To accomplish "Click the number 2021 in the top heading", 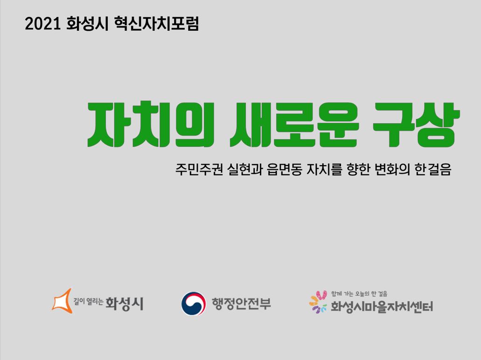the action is [42, 24].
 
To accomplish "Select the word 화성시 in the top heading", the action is [87, 24].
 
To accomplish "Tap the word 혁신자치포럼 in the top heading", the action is [156, 24].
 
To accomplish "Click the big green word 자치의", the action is [151, 124].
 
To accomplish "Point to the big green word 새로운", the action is [294, 124].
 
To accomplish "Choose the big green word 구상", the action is [416, 124].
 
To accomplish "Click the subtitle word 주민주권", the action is [199, 169].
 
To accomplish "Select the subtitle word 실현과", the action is [245, 169].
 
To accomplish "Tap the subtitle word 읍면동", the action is [285, 169].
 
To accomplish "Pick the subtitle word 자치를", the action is [324, 169].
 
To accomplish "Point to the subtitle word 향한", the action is [358, 169].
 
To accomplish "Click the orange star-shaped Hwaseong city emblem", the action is [62, 301].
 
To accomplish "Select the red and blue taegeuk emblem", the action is [193, 304].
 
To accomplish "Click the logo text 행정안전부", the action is [241, 304].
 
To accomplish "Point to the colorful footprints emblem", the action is [318, 302].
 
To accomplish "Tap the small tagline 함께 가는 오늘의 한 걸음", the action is [359, 294].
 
